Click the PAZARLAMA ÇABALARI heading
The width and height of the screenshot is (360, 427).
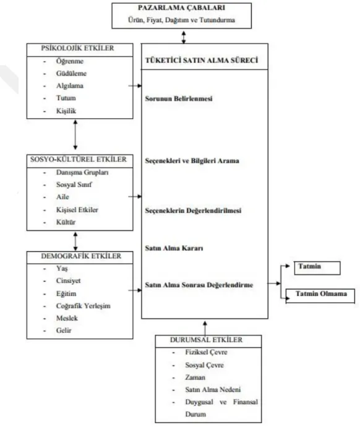pyautogui.click(x=181, y=7)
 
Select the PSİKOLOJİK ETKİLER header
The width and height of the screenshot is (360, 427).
pyautogui.click(x=77, y=48)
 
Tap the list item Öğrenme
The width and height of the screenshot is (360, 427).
pyautogui.click(x=70, y=61)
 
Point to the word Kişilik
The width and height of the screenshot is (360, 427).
pyautogui.click(x=66, y=111)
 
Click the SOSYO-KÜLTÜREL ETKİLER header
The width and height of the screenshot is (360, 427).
pyautogui.click(x=79, y=159)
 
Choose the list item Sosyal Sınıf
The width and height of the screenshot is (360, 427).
pyautogui.click(x=74, y=184)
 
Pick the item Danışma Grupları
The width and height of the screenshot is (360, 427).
pyautogui.click(x=82, y=173)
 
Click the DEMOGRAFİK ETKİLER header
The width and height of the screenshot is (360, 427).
pyautogui.click(x=81, y=256)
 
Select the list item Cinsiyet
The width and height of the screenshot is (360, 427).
pyautogui.click(x=68, y=281)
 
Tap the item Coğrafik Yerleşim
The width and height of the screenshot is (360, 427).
pyautogui.click(x=84, y=306)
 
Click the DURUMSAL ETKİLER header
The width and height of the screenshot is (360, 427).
pyautogui.click(x=206, y=340)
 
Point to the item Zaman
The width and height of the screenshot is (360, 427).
pyautogui.click(x=195, y=377)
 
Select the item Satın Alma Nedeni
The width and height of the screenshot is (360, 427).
pyautogui.click(x=213, y=390)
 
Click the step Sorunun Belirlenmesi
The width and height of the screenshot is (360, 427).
pyautogui.click(x=179, y=98)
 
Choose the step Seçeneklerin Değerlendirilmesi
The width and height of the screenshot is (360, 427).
pyautogui.click(x=193, y=210)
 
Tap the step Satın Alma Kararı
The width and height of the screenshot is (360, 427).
pyautogui.click(x=174, y=248)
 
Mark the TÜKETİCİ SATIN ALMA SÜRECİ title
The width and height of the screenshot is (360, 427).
pyautogui.click(x=202, y=60)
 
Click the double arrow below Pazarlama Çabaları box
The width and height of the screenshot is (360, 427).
pyautogui.click(x=184, y=37)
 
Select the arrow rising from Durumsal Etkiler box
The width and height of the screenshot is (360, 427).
pyautogui.click(x=205, y=328)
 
